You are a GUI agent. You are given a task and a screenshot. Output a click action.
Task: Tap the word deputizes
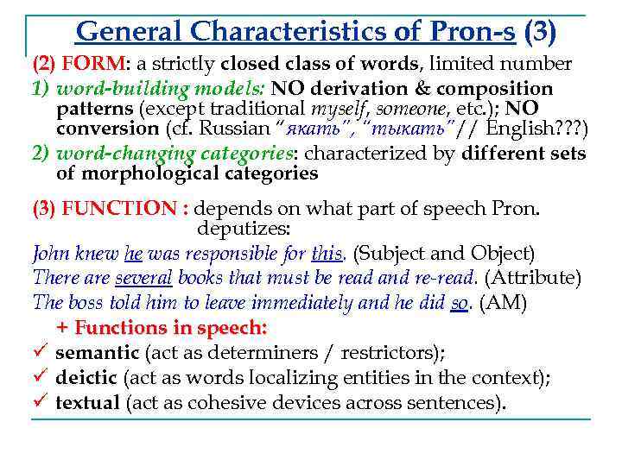tap(244, 230)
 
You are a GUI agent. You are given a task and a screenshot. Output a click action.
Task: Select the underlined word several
tap(143, 279)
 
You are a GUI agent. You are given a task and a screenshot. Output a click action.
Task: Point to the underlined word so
tap(460, 303)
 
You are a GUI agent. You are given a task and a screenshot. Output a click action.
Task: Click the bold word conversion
tap(107, 129)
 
